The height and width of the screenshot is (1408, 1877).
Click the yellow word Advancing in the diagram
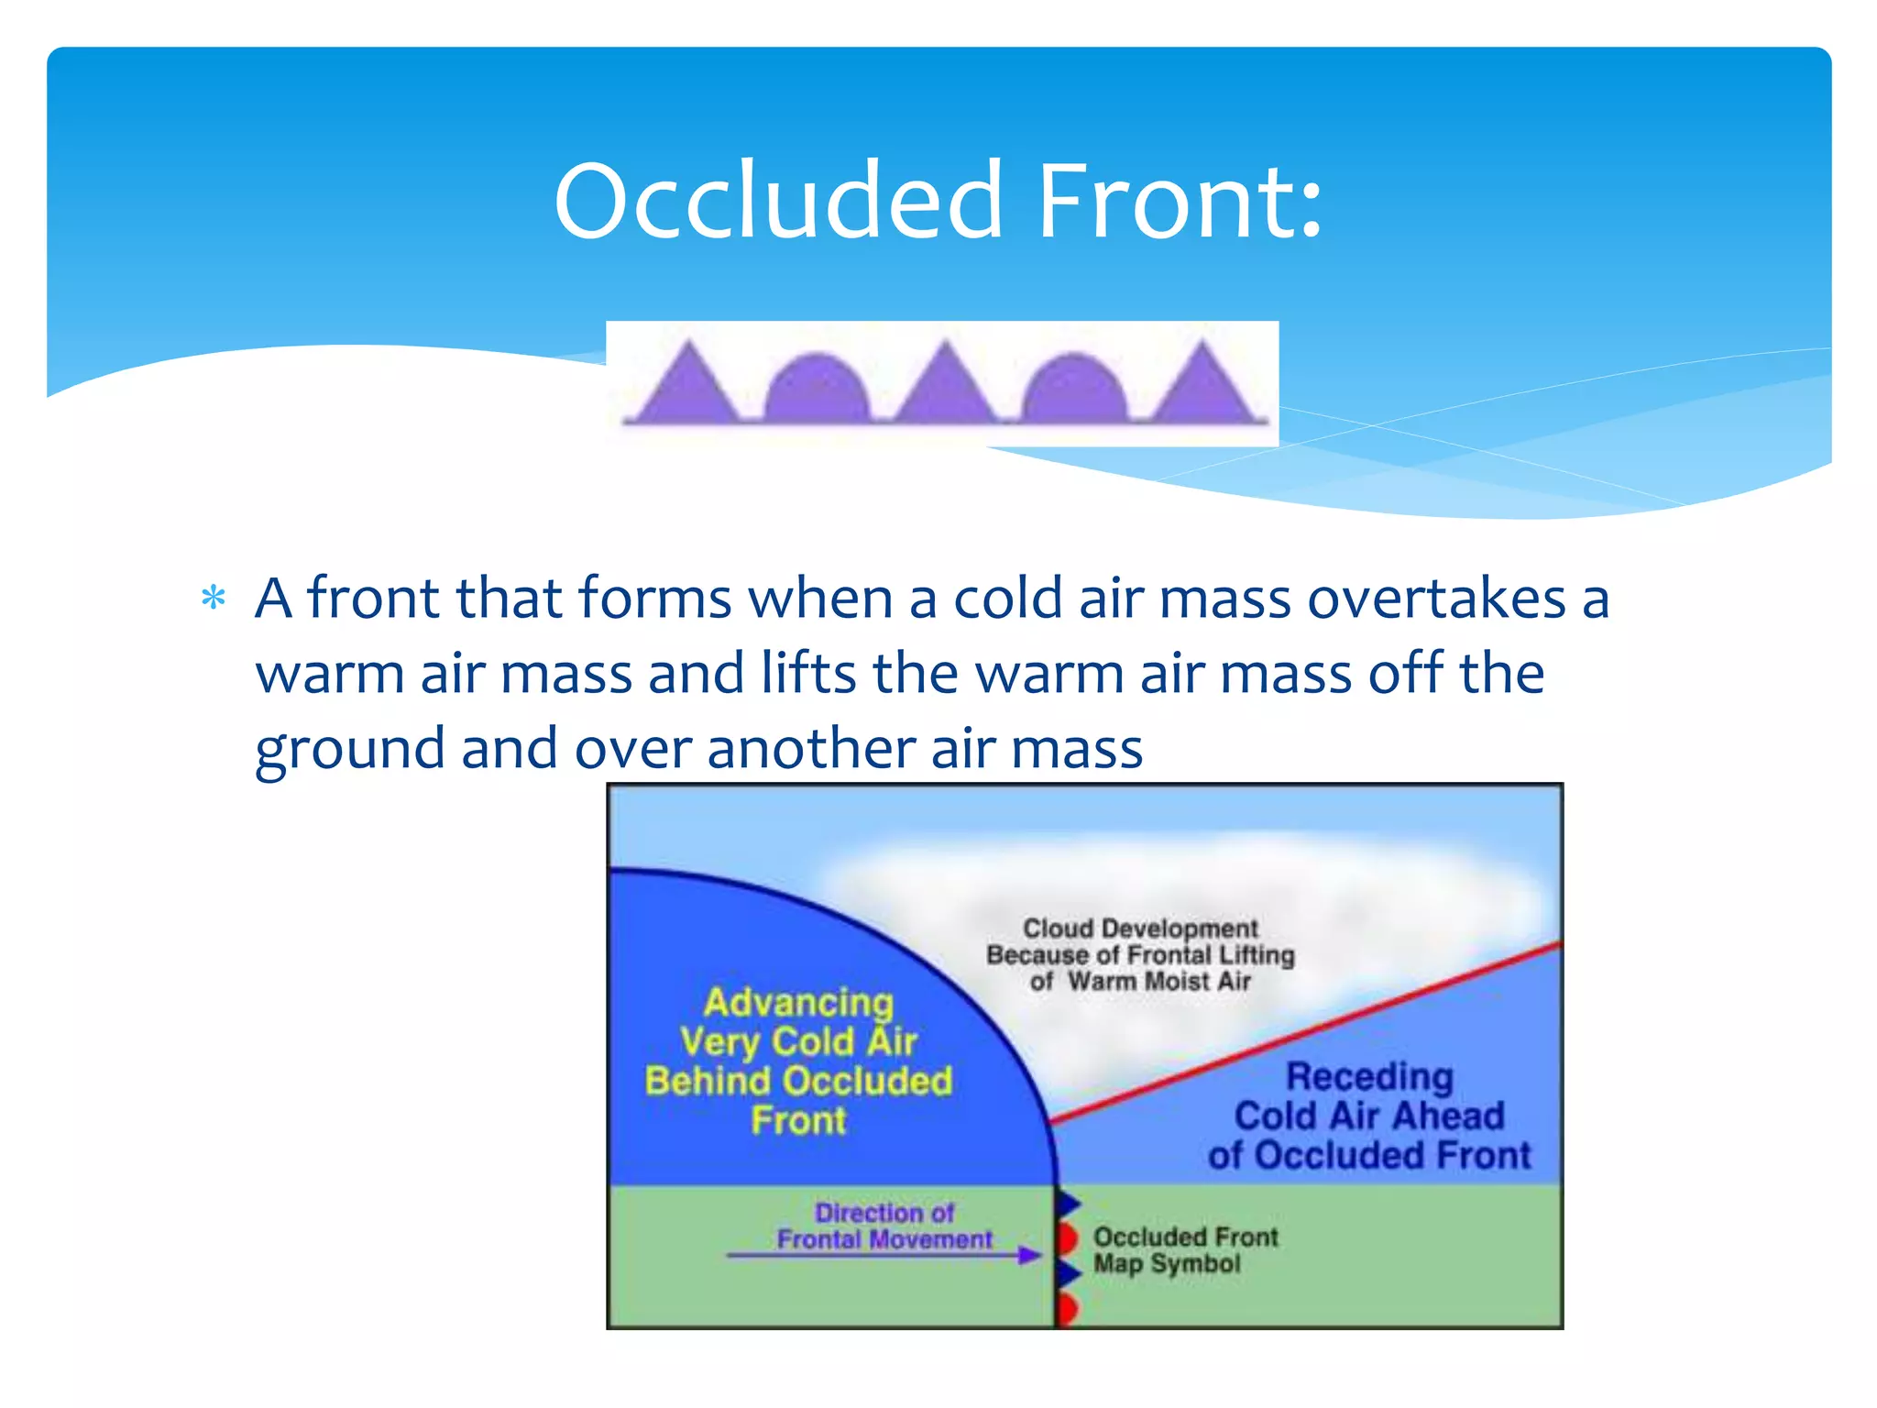click(798, 1002)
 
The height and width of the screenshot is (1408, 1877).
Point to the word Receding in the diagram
click(1369, 1076)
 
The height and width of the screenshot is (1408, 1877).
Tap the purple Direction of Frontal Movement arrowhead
click(1030, 1255)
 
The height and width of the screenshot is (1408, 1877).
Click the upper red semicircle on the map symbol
click(1067, 1237)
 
